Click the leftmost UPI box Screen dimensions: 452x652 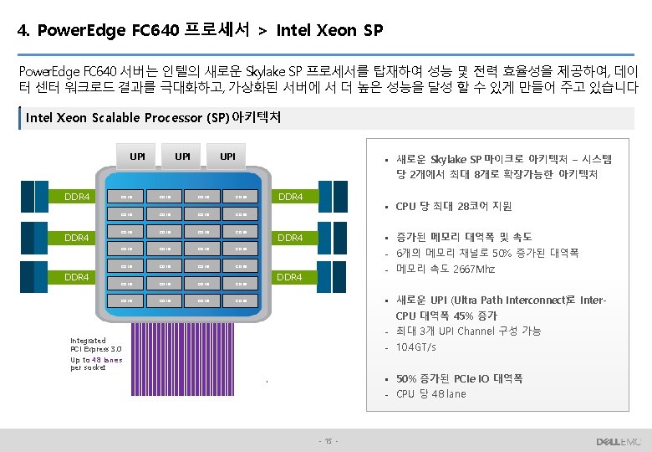137,156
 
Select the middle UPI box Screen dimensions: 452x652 182,156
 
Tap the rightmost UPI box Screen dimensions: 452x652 227,156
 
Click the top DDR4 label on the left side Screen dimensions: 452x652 77,198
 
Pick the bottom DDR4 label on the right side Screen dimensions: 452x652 290,277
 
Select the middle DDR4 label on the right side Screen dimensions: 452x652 290,238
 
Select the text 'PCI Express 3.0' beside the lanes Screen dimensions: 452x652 96,350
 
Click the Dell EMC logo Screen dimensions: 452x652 618,441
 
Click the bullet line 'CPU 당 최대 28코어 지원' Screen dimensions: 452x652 453,206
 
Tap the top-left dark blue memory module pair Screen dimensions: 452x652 23,197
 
